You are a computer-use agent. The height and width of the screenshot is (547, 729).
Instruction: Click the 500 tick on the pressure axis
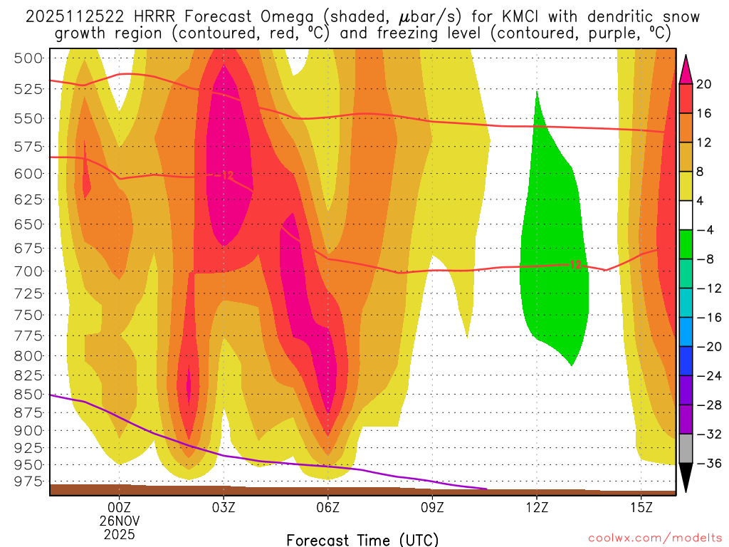(28, 58)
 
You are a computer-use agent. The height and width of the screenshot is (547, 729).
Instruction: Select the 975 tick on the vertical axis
(28, 482)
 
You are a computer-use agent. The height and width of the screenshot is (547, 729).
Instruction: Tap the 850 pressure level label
(28, 394)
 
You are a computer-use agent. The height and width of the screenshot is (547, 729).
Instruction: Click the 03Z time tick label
(224, 508)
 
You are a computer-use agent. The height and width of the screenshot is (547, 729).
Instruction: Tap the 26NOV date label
(119, 520)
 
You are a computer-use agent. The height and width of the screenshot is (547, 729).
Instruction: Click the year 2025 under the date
(119, 533)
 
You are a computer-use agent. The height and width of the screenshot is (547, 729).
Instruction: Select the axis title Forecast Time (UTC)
(362, 539)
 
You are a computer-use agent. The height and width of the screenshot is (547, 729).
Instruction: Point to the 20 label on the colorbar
(703, 84)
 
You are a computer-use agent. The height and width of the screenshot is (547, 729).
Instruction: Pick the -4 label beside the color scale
(705, 230)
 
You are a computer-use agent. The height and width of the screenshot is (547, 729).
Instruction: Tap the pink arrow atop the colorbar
(686, 68)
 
